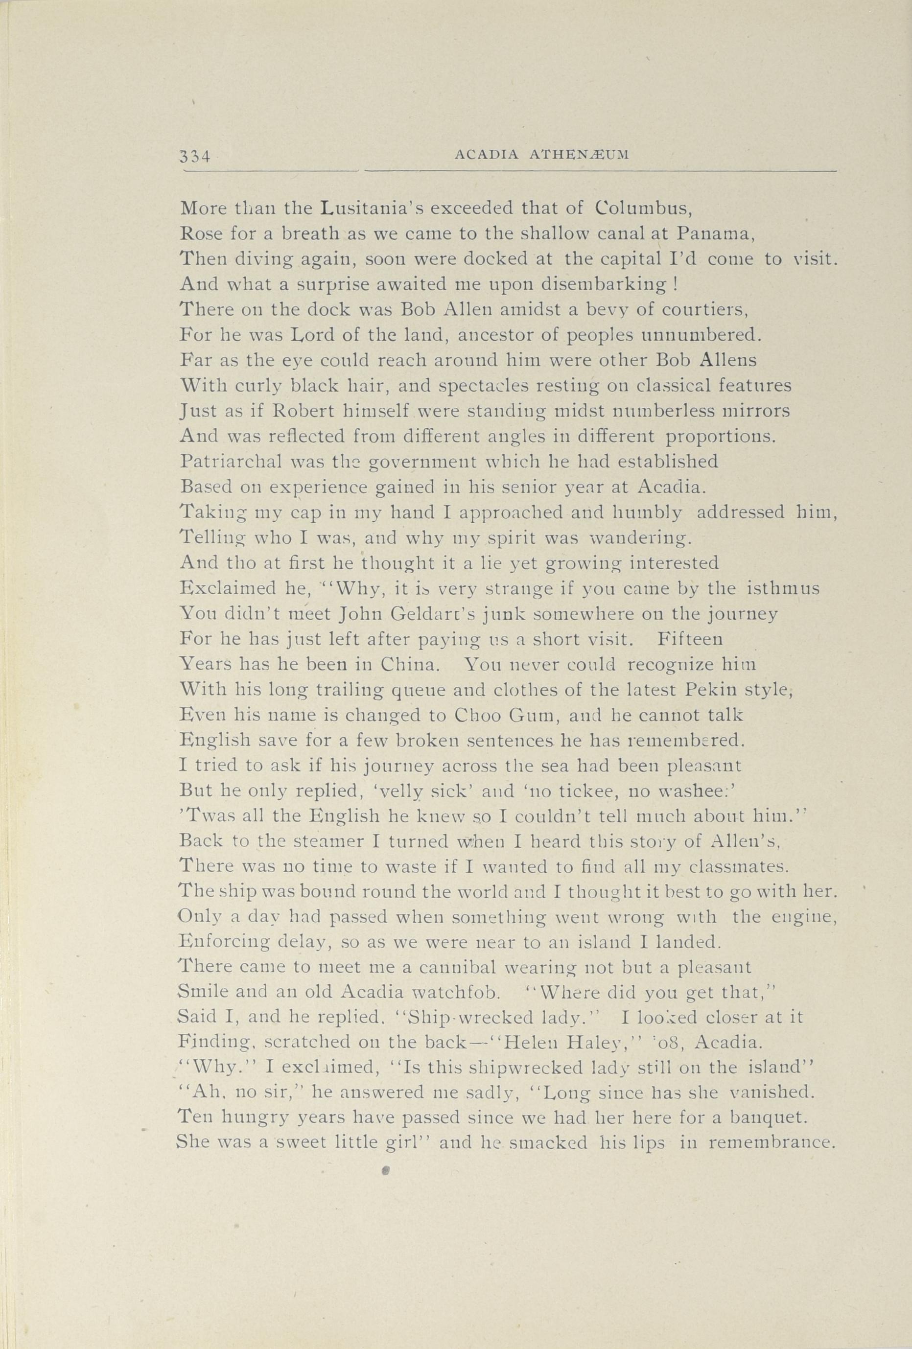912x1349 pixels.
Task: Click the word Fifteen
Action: tap(690, 640)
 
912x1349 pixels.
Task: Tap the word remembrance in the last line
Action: tap(772, 1142)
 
